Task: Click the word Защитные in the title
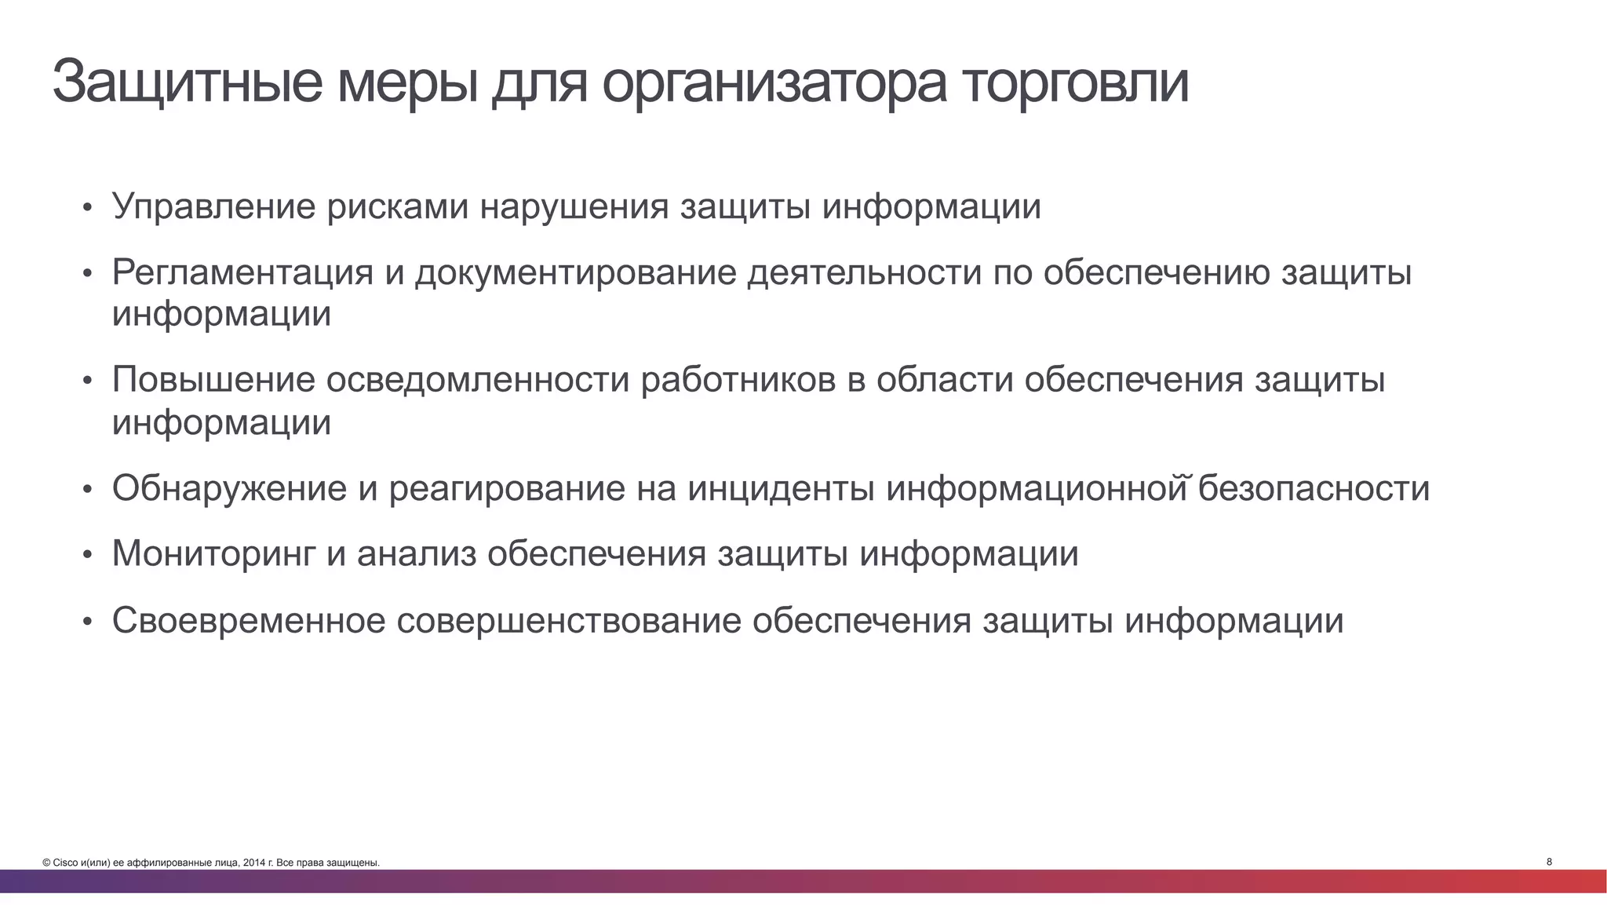187,82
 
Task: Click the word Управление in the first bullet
213,207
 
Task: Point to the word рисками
398,207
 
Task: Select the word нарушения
574,207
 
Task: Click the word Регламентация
242,273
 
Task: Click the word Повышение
213,381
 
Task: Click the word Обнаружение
229,489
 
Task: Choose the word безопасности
1314,489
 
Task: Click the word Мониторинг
213,554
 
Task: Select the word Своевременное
249,621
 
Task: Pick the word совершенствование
569,621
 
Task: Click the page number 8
1549,862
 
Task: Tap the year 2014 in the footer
253,863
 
